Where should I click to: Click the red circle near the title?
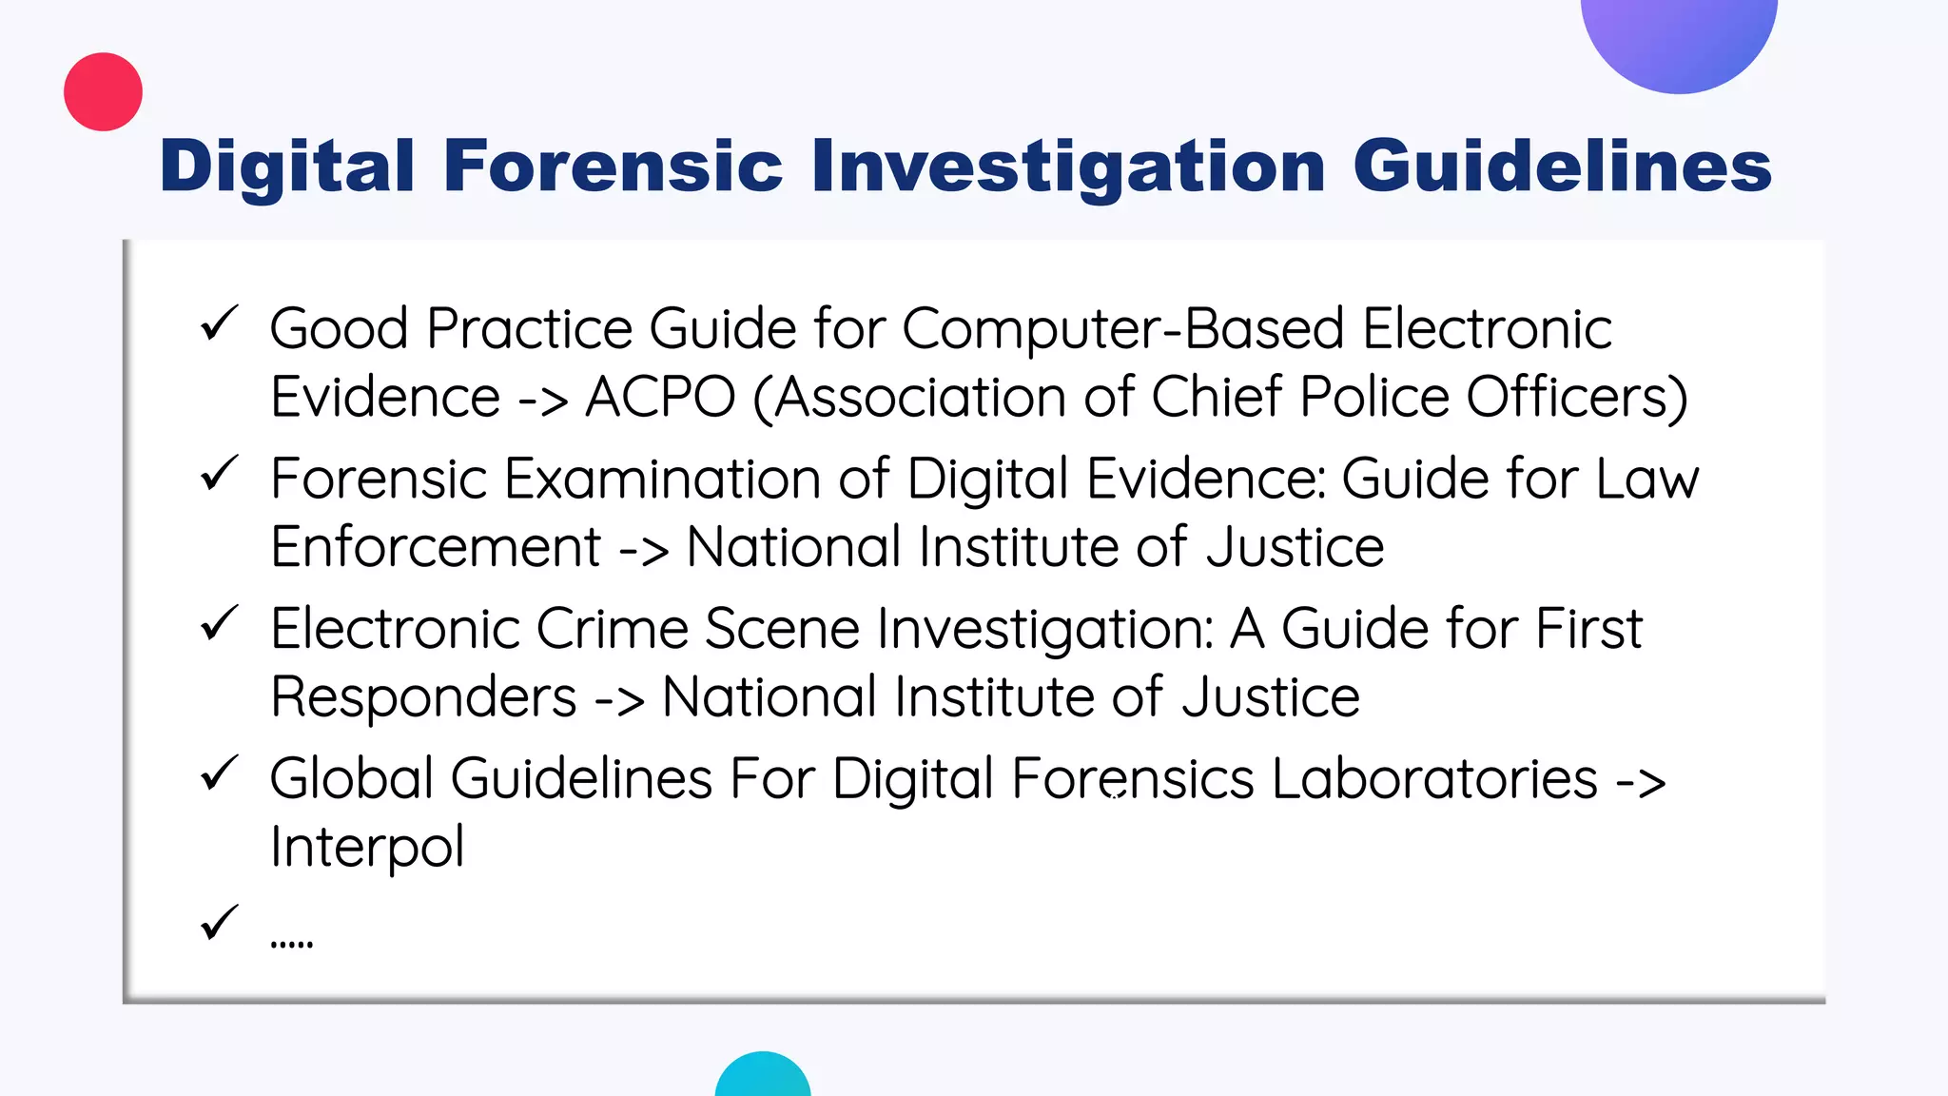coord(103,91)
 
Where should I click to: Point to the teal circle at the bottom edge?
coord(763,1078)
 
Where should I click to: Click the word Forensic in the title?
coord(613,166)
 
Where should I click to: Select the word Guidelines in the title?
coord(1562,166)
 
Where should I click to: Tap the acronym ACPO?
coord(660,397)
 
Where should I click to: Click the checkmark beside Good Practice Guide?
coord(219,324)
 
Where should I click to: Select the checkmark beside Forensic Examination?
coord(219,474)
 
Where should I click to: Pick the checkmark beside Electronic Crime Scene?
coord(219,624)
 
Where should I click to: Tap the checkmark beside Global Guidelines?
coord(219,773)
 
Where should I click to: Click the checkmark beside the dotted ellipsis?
coord(219,923)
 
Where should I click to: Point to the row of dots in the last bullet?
coord(291,945)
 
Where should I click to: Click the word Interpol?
coord(367,847)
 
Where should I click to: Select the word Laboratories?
coord(1434,779)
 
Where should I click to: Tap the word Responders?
coord(423,697)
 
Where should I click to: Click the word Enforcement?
coord(436,547)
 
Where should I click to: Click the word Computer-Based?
coord(1122,330)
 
